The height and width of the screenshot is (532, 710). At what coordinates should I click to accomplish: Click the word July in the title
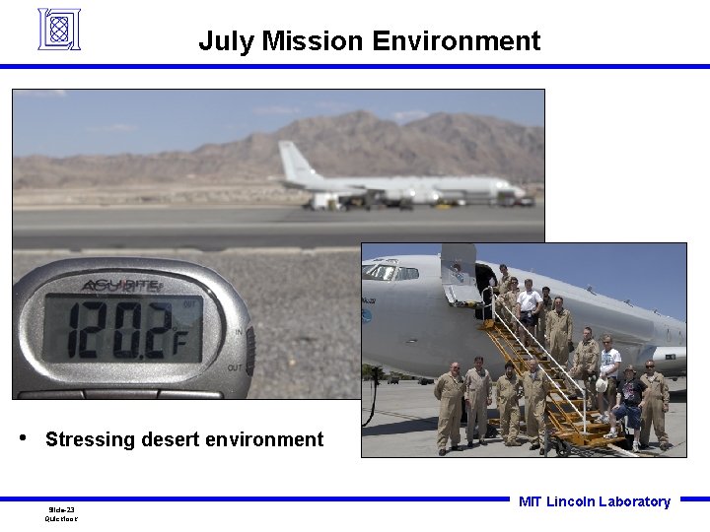(222, 41)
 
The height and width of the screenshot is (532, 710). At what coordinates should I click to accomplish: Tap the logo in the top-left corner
(58, 29)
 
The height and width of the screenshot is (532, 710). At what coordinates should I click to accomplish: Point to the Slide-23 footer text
(62, 509)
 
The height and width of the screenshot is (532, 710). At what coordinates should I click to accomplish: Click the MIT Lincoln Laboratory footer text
(594, 501)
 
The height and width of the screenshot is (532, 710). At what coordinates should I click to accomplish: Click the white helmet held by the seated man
(602, 384)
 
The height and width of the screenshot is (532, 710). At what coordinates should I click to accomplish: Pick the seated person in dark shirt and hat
(626, 400)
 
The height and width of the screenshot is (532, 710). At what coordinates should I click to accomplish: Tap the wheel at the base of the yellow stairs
(563, 448)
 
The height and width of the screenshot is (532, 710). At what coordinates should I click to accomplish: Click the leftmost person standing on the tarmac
(449, 405)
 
